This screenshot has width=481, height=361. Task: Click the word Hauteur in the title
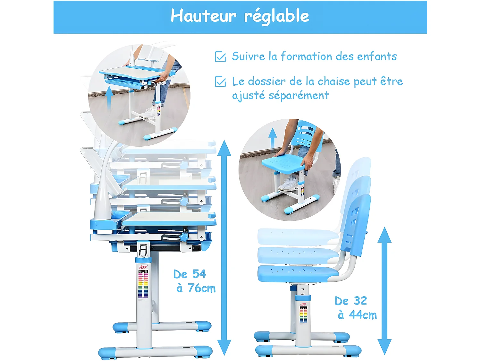coord(203,16)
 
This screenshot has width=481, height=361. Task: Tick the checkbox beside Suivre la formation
coord(220,57)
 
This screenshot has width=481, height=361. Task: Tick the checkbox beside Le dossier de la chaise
coord(220,82)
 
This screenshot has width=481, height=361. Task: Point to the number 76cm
coord(201,288)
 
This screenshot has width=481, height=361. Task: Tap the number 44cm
coord(363,315)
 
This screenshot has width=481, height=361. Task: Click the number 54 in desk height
coord(199,274)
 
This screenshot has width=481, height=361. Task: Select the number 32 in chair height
coord(360,301)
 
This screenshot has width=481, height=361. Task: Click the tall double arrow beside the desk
coord(224,247)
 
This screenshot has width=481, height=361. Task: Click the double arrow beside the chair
coord(384,290)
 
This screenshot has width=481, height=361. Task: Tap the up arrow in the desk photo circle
coord(109,96)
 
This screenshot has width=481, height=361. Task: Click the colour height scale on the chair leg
coord(303,314)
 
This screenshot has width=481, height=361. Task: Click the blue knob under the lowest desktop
coord(184,237)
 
